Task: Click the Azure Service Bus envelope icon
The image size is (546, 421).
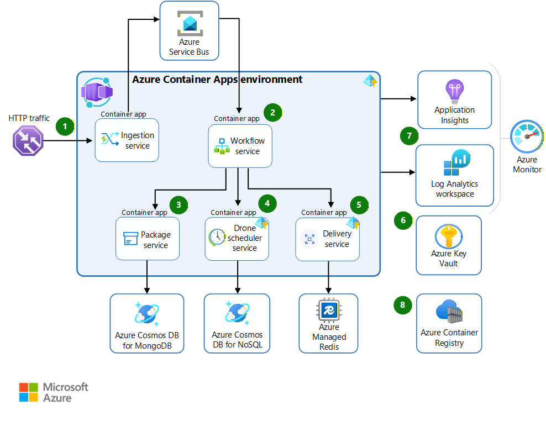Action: coord(190,24)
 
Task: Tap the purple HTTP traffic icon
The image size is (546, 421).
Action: coord(28,140)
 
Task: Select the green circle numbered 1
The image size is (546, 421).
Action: coord(65,126)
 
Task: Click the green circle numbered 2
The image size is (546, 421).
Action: coord(272,112)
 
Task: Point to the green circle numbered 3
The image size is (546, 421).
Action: coord(178,204)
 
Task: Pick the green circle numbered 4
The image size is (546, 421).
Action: coord(267,203)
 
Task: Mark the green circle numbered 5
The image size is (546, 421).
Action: coord(359,204)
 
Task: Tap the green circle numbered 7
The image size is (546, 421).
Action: coord(409,135)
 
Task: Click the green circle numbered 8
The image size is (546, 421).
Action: coord(403,304)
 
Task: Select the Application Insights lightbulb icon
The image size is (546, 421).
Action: coord(455,91)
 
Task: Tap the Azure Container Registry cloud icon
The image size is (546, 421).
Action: coord(449,313)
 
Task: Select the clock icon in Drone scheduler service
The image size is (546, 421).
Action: coord(217,237)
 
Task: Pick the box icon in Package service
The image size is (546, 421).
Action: coord(130,239)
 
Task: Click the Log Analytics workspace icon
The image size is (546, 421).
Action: coord(455,163)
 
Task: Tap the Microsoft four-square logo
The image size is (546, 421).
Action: coord(29,392)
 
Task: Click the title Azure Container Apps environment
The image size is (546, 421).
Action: coord(217,80)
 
